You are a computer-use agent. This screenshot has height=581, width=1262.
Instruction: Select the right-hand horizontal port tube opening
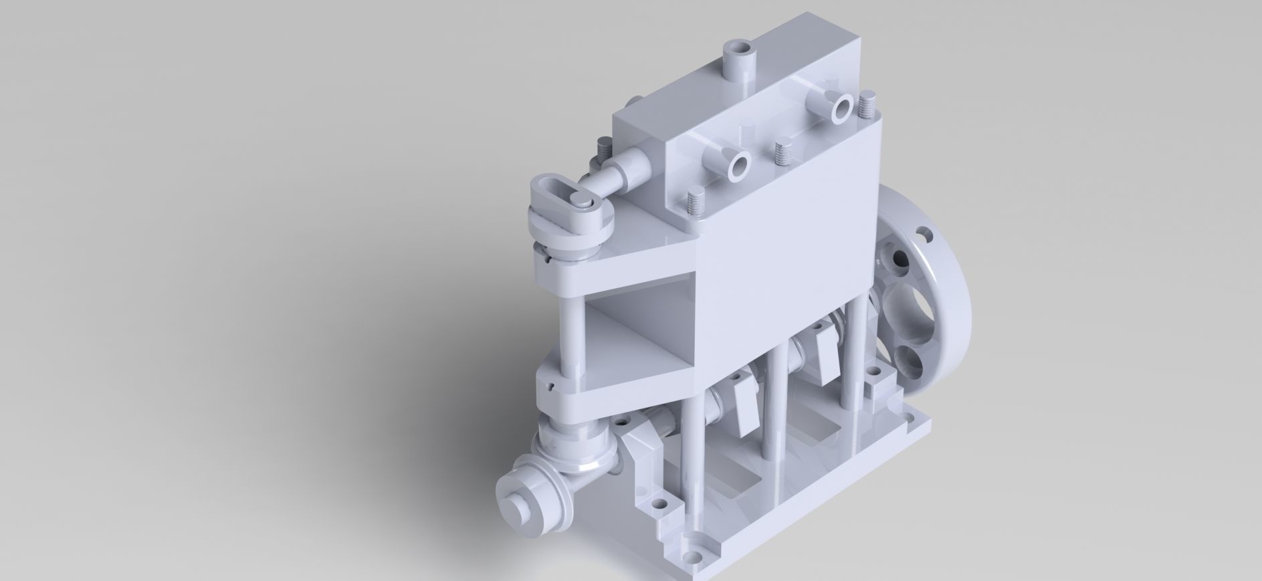[841, 107]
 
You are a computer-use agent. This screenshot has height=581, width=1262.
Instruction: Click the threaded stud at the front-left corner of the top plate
[693, 202]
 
